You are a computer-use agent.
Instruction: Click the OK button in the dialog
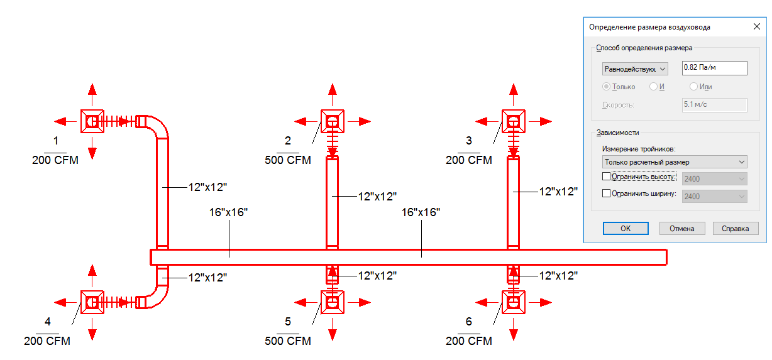click(x=626, y=229)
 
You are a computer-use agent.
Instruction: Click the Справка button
click(x=736, y=229)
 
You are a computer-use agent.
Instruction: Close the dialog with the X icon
click(x=757, y=26)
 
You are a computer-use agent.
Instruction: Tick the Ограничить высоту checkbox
click(x=606, y=177)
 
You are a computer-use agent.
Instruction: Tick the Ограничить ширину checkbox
click(x=606, y=194)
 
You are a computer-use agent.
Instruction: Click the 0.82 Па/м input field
click(x=714, y=68)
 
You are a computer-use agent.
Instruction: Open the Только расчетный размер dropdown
click(x=675, y=162)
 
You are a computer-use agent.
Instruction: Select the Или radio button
click(x=693, y=87)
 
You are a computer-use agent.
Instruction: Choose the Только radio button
click(x=606, y=87)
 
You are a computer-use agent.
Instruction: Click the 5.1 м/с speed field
click(x=714, y=105)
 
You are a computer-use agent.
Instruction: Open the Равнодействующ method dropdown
click(x=635, y=69)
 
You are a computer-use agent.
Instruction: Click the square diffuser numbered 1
click(x=92, y=121)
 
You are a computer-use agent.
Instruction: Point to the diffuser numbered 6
click(x=514, y=302)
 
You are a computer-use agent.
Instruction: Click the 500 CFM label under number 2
click(x=288, y=160)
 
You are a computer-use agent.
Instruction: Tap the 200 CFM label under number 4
click(x=47, y=341)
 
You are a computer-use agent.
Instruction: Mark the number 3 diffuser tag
click(x=469, y=141)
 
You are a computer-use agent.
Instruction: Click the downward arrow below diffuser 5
click(x=332, y=329)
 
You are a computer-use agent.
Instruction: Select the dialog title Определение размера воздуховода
click(x=649, y=27)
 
